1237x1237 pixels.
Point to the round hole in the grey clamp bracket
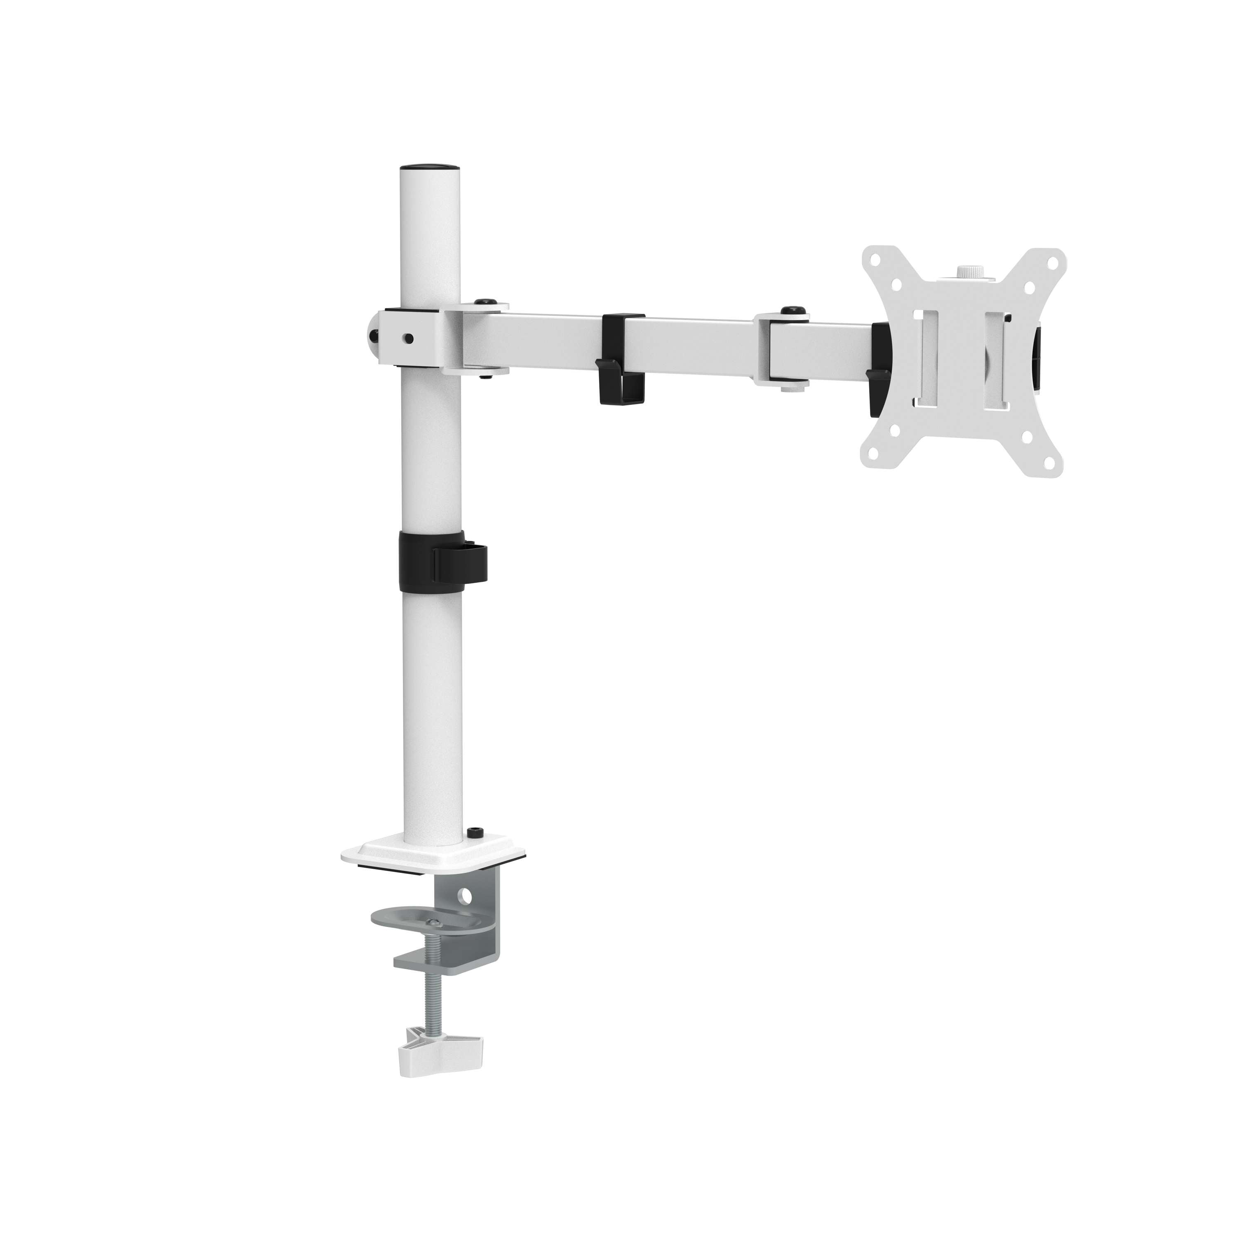[x=466, y=895]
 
